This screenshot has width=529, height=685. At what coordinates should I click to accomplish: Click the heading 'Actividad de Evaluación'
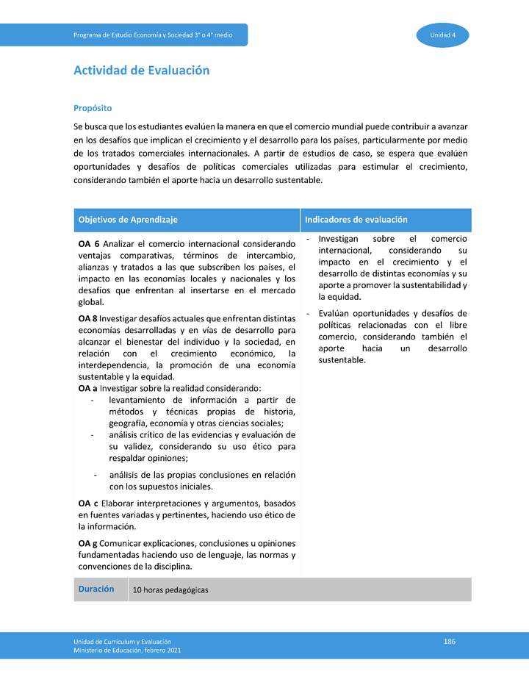click(x=141, y=71)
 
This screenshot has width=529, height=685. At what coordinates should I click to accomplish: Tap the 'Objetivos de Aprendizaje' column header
click(x=128, y=220)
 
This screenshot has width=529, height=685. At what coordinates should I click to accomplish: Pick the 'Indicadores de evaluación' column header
click(x=356, y=220)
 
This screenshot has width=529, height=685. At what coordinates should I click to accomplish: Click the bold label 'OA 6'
click(x=89, y=243)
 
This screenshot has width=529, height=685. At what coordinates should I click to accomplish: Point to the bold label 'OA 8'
click(x=88, y=318)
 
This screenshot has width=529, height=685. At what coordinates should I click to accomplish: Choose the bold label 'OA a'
click(x=88, y=388)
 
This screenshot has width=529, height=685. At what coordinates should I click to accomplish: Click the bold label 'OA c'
click(x=88, y=503)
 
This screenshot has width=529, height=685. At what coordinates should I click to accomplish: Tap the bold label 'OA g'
click(x=88, y=543)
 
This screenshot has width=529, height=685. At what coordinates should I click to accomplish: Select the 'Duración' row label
click(x=96, y=589)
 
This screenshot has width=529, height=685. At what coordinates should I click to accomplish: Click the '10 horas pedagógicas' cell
click(x=170, y=590)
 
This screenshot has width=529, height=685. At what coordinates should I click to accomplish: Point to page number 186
click(x=450, y=642)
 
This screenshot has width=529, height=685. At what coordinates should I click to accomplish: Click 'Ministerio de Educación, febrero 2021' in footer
click(x=126, y=650)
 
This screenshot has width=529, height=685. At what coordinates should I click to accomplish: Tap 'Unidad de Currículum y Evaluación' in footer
click(x=122, y=642)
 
